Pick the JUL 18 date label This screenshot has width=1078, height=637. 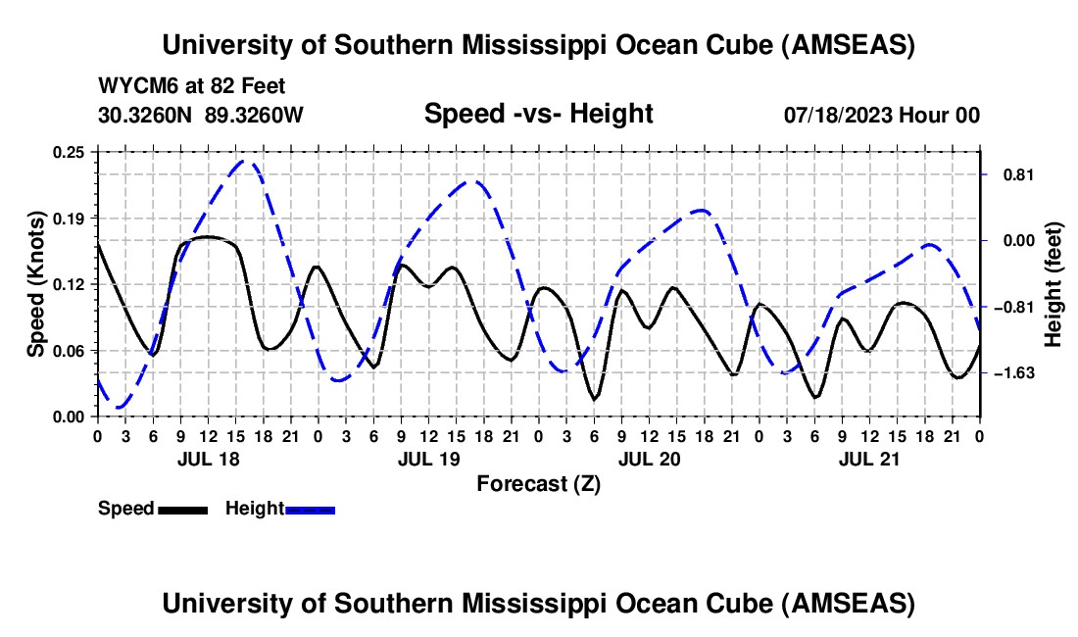pyautogui.click(x=208, y=458)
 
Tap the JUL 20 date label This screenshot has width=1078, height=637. pyautogui.click(x=649, y=458)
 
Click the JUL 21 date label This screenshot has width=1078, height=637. pyautogui.click(x=869, y=458)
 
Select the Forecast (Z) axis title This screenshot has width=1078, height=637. pyautogui.click(x=538, y=483)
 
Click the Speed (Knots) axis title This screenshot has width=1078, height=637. pyautogui.click(x=36, y=283)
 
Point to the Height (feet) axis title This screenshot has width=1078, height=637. pyautogui.click(x=1054, y=283)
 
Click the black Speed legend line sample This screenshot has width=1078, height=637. pyautogui.click(x=182, y=510)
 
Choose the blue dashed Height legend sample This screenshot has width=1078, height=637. pyautogui.click(x=311, y=510)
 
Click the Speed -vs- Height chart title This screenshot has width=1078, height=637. pyautogui.click(x=538, y=114)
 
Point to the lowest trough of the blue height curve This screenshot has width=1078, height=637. pyautogui.click(x=120, y=407)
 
